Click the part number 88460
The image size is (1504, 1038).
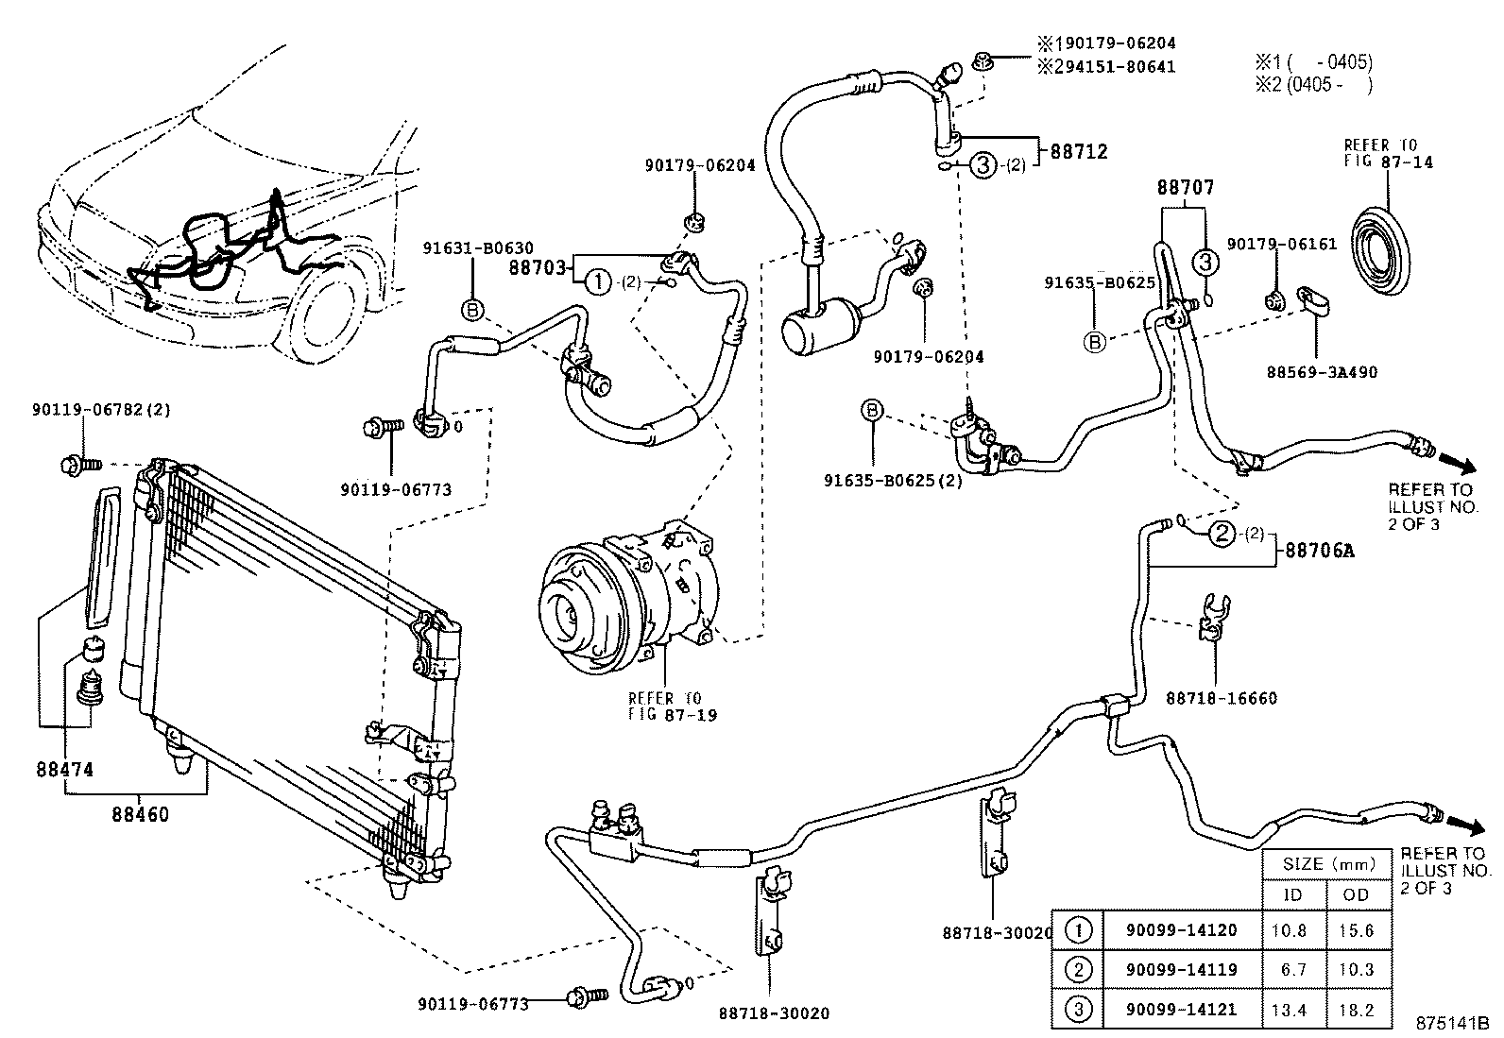pyautogui.click(x=139, y=812)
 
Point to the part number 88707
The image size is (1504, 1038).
pyautogui.click(x=1185, y=188)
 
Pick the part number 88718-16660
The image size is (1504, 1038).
pyautogui.click(x=1221, y=698)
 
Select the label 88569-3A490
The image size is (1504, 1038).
pyautogui.click(x=1322, y=371)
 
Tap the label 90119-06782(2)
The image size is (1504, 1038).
pyautogui.click(x=101, y=409)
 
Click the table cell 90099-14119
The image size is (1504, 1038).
pyautogui.click(x=1181, y=969)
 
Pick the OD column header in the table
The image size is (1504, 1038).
pyautogui.click(x=1356, y=894)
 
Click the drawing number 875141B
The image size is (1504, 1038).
pyautogui.click(x=1451, y=1023)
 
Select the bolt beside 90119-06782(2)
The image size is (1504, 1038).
pyautogui.click(x=75, y=465)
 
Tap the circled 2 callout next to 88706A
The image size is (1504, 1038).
pyautogui.click(x=1222, y=535)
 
